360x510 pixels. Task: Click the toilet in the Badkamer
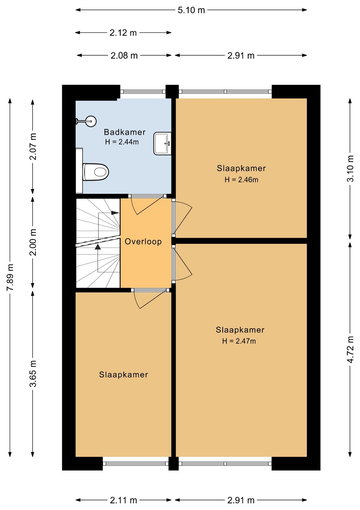(96, 172)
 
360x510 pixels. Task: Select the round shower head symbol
(91, 121)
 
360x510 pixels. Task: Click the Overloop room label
(143, 242)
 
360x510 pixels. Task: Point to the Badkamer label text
(124, 132)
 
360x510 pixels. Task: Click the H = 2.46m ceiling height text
(242, 180)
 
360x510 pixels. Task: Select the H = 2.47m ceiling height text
(239, 341)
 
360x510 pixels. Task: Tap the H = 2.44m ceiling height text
(122, 142)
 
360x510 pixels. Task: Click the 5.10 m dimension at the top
(191, 10)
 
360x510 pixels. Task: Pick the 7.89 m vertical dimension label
(11, 277)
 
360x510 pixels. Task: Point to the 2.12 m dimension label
(123, 33)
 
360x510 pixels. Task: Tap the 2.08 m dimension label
(124, 56)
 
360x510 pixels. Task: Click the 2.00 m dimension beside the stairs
(33, 242)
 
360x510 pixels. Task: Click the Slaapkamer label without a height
(123, 375)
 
